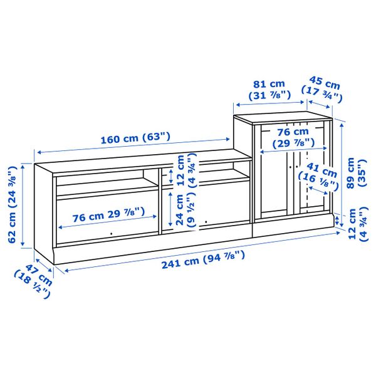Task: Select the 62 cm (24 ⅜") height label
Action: point(11,204)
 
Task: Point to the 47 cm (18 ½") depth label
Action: point(34,280)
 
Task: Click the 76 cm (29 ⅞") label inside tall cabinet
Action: point(293,137)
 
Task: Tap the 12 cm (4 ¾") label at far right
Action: point(356,225)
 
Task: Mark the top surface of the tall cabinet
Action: point(282,115)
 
